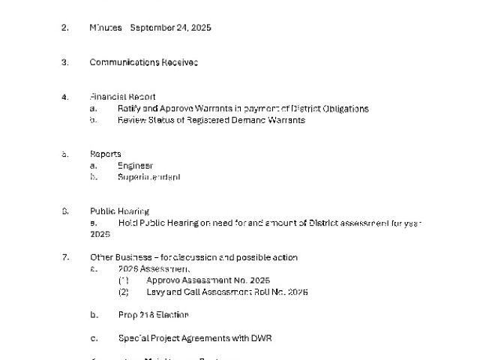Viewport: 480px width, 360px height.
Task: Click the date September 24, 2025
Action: (x=170, y=28)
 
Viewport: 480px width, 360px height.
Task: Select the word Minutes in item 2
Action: (x=106, y=28)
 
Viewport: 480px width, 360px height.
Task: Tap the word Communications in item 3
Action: (x=124, y=62)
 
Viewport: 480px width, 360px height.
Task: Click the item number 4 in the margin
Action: (x=65, y=97)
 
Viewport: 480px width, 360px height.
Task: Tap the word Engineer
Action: (x=135, y=166)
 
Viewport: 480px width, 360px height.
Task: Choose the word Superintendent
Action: (x=148, y=178)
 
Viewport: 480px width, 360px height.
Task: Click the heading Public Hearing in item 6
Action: (x=120, y=211)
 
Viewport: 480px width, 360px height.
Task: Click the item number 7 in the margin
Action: (x=65, y=257)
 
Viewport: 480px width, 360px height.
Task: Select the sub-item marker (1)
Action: (x=124, y=280)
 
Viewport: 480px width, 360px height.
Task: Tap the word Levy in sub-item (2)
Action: (x=155, y=292)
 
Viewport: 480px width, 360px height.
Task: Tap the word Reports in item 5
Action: (x=106, y=154)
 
